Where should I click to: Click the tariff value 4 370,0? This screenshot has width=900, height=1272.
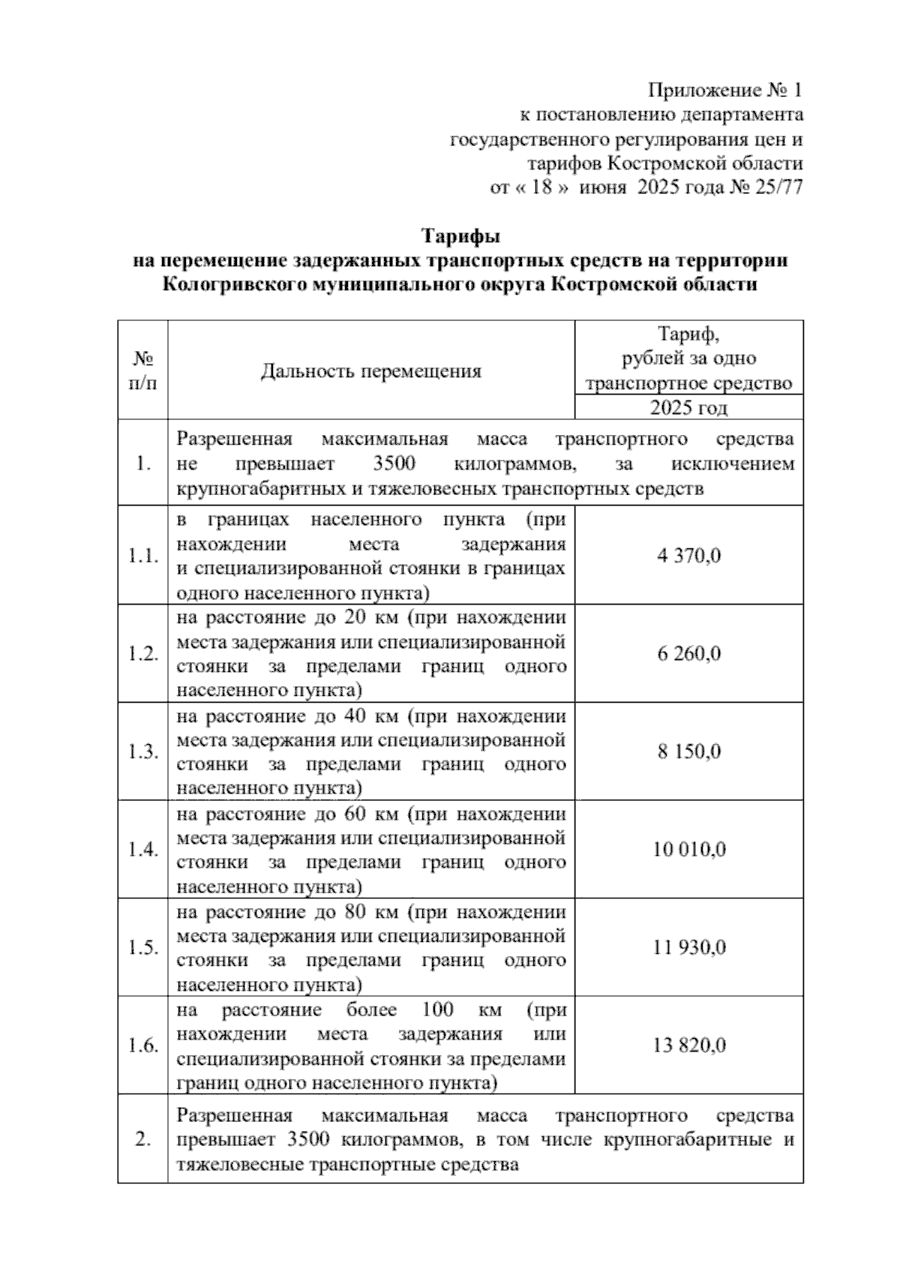(x=688, y=556)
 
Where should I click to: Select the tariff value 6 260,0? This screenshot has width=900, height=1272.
(x=688, y=654)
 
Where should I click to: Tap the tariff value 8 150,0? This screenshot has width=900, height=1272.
(x=688, y=751)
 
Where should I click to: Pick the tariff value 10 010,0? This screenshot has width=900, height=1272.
(x=688, y=850)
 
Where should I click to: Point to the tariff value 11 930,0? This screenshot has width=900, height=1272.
(x=688, y=947)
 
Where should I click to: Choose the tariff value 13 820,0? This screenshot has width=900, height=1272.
(x=688, y=1045)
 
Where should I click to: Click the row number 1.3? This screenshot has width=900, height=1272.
(x=142, y=752)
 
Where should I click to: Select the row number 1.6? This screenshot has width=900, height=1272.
(x=142, y=1046)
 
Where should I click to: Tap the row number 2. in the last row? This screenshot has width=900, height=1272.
(x=142, y=1141)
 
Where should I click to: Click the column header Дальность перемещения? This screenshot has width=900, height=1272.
(x=370, y=371)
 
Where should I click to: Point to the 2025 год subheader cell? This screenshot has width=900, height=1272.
(x=688, y=408)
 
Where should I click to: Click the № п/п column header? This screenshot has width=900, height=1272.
(x=142, y=370)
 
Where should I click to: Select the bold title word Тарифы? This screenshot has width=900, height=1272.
(x=460, y=236)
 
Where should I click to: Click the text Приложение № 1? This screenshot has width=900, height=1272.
(x=724, y=91)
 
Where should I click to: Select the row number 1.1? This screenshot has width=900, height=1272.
(x=142, y=556)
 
